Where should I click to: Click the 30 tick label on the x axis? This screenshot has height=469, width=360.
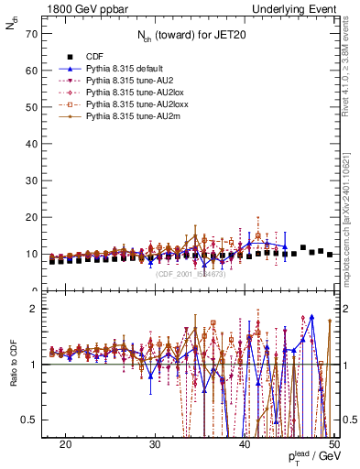tap(155, 442)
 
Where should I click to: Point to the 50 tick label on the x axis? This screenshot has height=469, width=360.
tap(334, 442)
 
